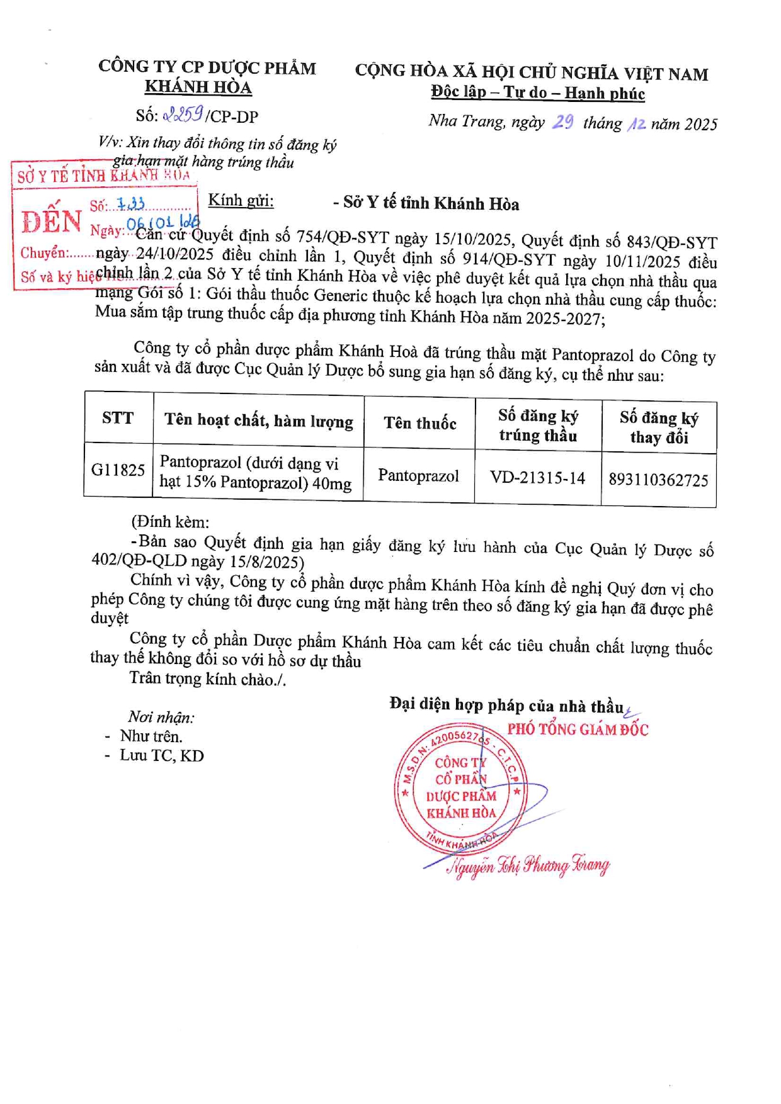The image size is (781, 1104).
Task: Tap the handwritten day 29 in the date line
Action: tap(562, 121)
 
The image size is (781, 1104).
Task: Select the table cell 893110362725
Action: tap(658, 480)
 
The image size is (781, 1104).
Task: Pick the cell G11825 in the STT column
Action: tap(118, 470)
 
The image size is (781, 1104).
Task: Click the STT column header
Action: tap(118, 418)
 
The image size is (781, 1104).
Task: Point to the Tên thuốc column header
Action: tap(419, 423)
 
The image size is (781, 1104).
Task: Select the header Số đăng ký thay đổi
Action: tap(659, 427)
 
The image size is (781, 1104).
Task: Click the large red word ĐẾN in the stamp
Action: tap(52, 222)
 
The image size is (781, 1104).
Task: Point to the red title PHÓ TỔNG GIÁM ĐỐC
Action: tap(578, 729)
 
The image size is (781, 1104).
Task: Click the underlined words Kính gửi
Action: tap(241, 201)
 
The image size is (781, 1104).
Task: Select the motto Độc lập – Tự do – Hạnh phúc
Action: tap(537, 93)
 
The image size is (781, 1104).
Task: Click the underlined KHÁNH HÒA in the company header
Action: tap(198, 87)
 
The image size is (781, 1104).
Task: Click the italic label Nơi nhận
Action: tap(161, 717)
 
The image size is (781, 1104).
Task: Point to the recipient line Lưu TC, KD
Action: tap(162, 755)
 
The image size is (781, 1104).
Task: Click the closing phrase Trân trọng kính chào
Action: tap(207, 679)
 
